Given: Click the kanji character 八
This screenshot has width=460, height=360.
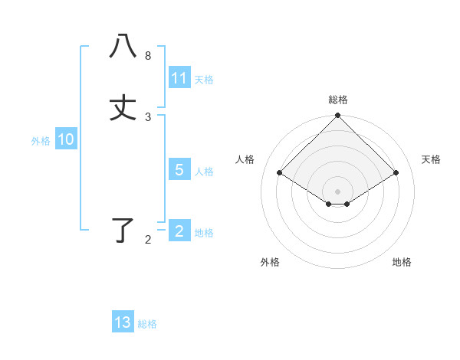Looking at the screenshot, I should coord(123,47).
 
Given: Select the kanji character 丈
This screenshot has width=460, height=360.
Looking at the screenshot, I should coord(123,108).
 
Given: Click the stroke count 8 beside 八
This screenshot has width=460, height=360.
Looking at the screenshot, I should coord(148,56).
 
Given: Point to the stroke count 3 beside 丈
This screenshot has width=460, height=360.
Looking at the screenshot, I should coord(148,117).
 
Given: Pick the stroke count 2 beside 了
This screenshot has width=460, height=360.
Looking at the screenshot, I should coord(148,240).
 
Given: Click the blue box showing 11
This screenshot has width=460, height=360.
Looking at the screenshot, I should coord(179,78).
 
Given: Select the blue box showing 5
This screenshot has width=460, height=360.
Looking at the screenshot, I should coord(179,170).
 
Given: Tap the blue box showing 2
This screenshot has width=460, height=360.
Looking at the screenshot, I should coord(179,231).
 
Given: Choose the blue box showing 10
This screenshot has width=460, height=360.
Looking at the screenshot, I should coord(66,139).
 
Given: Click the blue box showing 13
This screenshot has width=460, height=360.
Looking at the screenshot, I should coord(123,322).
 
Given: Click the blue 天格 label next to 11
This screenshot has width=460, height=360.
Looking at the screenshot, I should coord(204,79).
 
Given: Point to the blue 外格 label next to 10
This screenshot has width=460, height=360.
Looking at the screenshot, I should coord(41,140).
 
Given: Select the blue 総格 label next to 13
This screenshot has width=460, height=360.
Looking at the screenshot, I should coord(147,324).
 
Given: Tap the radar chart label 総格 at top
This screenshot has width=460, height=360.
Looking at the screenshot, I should coord(338,100).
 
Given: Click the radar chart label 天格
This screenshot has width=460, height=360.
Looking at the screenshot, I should coord(432,159).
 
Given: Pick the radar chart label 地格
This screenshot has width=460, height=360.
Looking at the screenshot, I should coord(402,262).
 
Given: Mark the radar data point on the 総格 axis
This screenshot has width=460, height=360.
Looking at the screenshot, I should coord(338,116).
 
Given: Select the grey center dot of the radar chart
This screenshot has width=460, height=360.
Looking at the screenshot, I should coord(338,191).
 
